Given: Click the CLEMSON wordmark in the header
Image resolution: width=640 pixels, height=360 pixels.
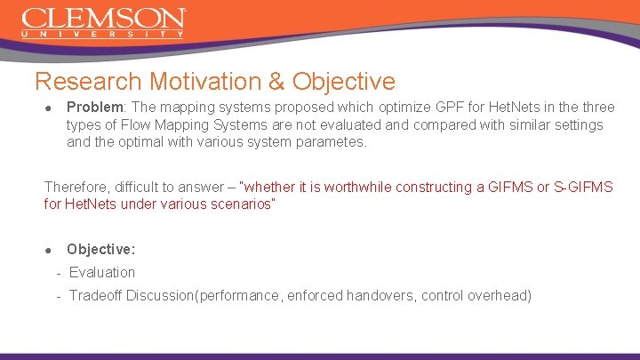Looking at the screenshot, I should point(103,18).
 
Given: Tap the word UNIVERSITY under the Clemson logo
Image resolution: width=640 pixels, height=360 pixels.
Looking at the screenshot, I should point(103,35).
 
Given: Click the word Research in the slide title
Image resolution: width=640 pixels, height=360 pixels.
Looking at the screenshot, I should point(88,82).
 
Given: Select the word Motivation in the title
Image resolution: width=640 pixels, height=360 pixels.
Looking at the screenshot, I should point(206,82).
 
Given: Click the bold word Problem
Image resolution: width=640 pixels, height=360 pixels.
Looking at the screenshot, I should point(93,108).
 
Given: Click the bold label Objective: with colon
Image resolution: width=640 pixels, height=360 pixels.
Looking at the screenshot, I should point(100,250).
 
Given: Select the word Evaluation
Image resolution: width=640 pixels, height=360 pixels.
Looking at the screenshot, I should point(102,272).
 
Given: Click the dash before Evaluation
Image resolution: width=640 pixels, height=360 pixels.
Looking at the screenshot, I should point(58,273).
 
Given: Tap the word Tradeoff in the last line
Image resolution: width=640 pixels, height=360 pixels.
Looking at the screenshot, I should point(96,294).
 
